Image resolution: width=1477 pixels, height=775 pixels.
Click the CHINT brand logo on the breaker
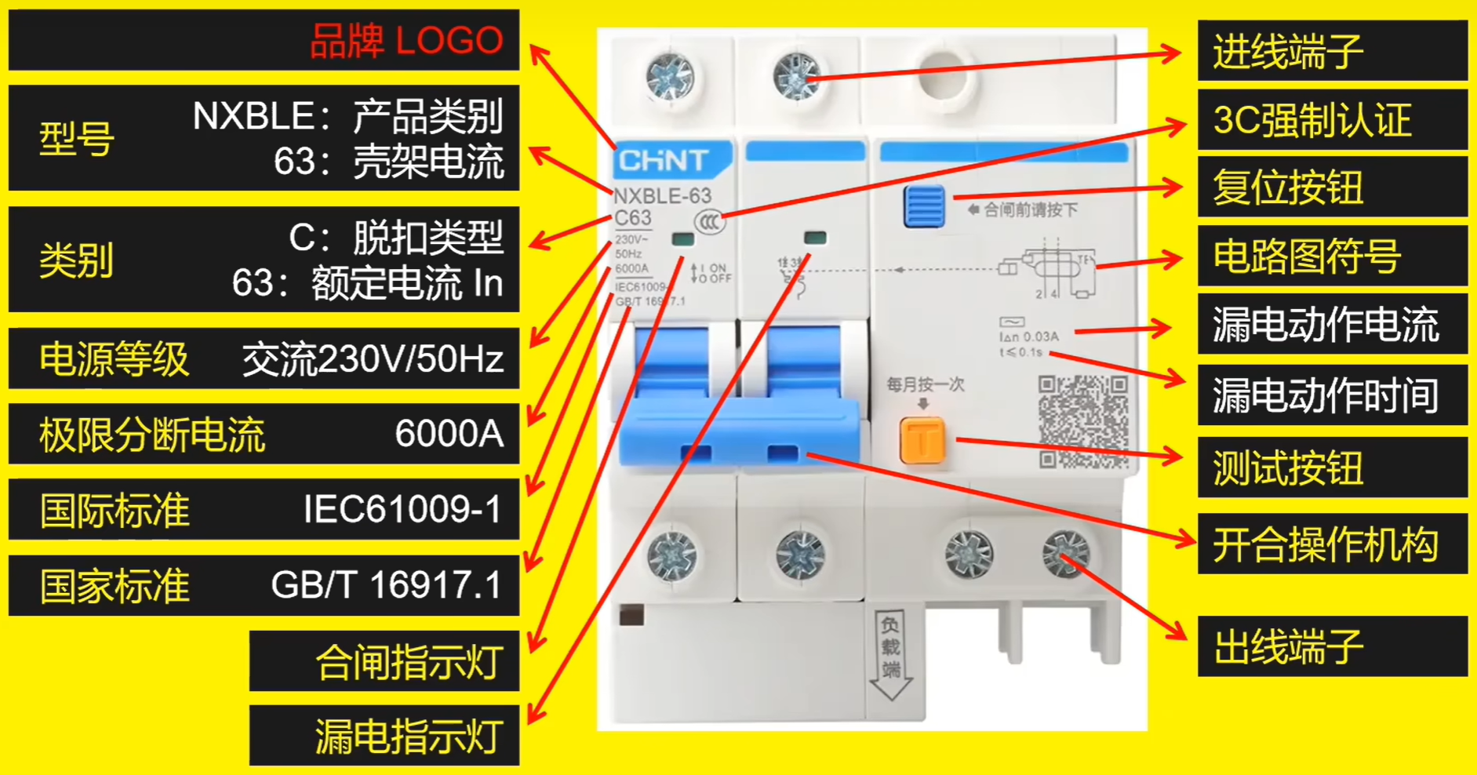tap(664, 161)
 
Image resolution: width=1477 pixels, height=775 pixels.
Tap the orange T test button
tap(922, 440)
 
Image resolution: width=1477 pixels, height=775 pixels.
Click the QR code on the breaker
tap(1083, 420)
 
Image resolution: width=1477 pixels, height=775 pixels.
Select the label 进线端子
tap(1288, 52)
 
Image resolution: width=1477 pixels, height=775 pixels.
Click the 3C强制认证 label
tap(1311, 120)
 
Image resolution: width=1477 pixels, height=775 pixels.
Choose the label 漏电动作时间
tap(1326, 395)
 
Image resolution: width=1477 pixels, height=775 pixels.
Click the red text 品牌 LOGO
tap(406, 41)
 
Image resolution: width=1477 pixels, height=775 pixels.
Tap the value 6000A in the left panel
tap(449, 434)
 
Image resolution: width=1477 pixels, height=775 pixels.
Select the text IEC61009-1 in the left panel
tap(402, 510)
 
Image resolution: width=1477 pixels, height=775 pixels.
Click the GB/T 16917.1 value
tap(386, 585)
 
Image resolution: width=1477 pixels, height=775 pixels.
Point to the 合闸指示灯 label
tap(409, 662)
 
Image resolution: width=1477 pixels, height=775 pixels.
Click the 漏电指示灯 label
tap(409, 737)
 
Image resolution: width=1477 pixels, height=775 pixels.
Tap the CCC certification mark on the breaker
tap(709, 222)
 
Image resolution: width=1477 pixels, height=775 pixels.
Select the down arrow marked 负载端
tap(891, 655)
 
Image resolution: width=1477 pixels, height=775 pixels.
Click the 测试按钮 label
tap(1288, 468)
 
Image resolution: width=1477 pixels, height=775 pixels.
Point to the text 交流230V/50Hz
tap(373, 359)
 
